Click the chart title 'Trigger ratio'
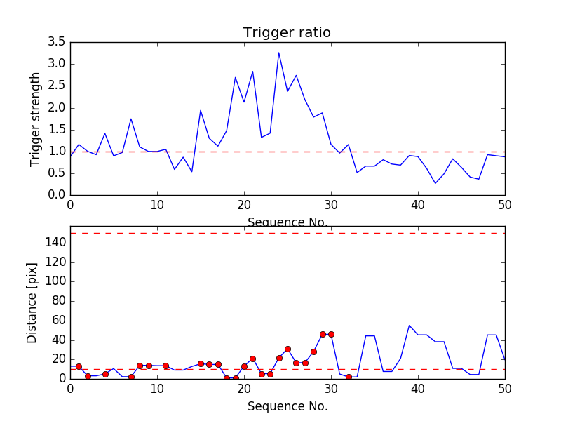(287, 33)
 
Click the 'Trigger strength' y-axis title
(36, 119)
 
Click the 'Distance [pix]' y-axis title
(32, 303)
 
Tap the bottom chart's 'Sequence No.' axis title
(287, 406)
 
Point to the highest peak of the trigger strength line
(278, 53)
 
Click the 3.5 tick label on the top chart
(56, 42)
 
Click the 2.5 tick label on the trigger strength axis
(56, 86)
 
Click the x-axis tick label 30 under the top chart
(331, 205)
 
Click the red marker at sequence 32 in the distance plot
(349, 377)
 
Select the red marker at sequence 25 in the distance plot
(288, 349)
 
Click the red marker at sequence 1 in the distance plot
(79, 366)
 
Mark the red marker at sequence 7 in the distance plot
(131, 377)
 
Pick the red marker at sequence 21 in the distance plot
(252, 359)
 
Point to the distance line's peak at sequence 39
(410, 326)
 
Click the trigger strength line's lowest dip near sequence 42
(435, 184)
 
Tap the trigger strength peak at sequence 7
(131, 119)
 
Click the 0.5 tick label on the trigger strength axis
(56, 173)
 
